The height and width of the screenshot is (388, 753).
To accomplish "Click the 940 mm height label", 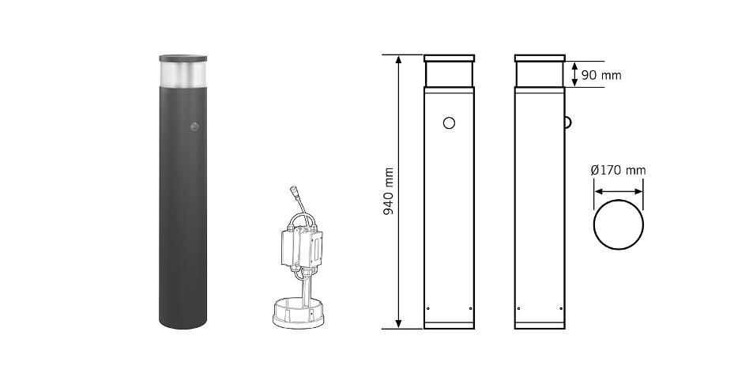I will [388, 192].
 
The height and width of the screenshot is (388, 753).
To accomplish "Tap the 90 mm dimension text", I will [601, 75].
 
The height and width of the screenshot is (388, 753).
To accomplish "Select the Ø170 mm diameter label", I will [618, 170].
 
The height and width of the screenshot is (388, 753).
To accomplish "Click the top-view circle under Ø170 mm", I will [619, 224].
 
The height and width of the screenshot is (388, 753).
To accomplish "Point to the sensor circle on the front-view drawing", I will [449, 123].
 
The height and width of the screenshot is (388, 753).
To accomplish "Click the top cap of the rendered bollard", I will [183, 58].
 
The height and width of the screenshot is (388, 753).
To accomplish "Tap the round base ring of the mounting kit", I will [294, 315].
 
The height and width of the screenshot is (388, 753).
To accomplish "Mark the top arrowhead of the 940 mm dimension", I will [399, 58].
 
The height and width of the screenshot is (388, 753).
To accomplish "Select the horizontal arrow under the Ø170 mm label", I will [619, 191].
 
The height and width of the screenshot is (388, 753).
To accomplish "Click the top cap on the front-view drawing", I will [450, 58].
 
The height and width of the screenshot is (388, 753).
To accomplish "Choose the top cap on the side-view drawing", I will [540, 58].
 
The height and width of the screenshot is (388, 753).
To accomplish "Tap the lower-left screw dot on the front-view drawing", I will [428, 308].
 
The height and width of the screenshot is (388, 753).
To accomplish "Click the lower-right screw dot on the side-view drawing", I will [561, 308].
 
